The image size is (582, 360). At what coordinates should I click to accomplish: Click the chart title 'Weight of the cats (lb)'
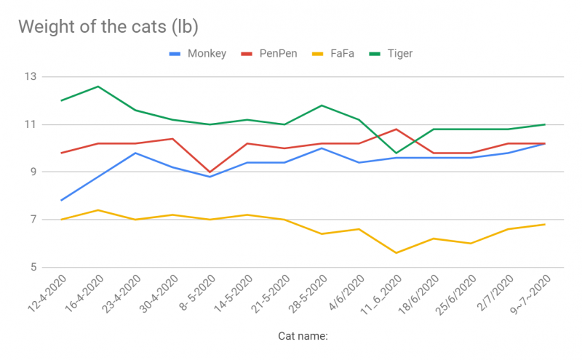click(x=108, y=27)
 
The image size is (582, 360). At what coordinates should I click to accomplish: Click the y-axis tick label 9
click(x=33, y=172)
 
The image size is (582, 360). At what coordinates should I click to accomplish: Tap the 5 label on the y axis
click(x=33, y=268)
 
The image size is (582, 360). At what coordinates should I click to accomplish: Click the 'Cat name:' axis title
click(x=303, y=336)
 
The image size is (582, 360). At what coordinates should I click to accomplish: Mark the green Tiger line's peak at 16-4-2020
click(x=98, y=87)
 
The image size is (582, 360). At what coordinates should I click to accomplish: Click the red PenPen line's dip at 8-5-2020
click(x=210, y=172)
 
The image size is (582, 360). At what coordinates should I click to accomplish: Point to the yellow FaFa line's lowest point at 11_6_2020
click(x=396, y=252)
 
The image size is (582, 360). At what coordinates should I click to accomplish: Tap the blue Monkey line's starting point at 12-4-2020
click(x=61, y=200)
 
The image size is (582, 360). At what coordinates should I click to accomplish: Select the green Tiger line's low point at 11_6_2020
click(x=396, y=153)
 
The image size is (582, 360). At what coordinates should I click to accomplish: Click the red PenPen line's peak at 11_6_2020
click(x=396, y=129)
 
